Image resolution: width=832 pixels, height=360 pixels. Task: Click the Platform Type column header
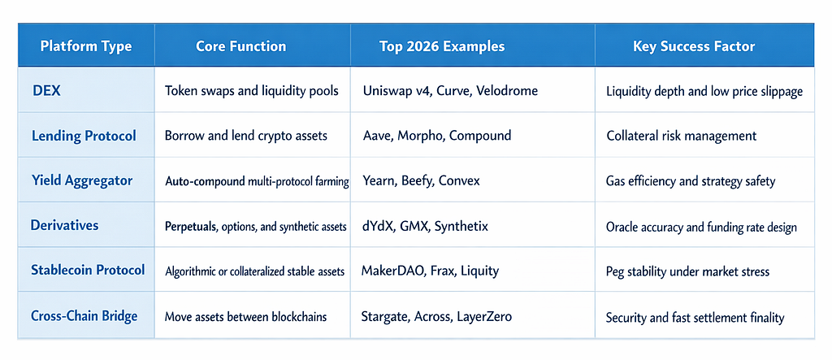coord(86,46)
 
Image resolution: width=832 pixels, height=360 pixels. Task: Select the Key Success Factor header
coord(694,46)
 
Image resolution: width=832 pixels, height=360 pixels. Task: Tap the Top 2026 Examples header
coord(441,46)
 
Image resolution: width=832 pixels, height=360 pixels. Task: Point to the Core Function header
coord(240,46)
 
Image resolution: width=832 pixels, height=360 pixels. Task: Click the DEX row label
coord(46,91)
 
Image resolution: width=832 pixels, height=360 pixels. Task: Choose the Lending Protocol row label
coord(84,136)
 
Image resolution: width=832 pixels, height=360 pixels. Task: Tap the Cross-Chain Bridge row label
coord(84,316)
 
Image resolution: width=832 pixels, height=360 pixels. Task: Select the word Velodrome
coord(507,91)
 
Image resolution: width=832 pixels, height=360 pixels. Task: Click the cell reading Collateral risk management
coord(682,137)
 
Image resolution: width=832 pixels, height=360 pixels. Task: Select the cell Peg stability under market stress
coord(687,272)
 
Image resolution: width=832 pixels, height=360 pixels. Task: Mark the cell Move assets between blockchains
coord(245,318)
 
